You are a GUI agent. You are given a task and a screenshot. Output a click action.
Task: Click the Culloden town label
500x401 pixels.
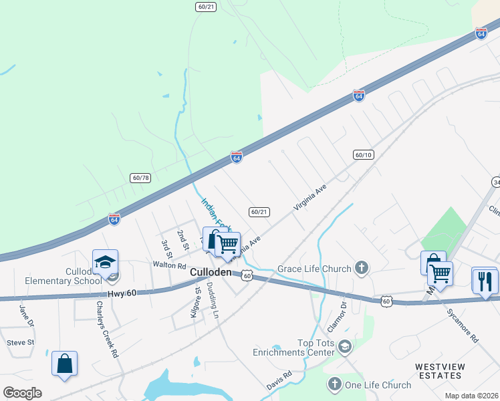(211, 273)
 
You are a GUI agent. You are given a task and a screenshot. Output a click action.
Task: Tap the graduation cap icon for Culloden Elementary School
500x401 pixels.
(105, 262)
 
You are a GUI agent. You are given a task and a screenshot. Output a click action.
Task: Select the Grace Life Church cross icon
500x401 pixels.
(362, 269)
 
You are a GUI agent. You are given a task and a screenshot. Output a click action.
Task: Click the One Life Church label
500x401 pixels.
(378, 385)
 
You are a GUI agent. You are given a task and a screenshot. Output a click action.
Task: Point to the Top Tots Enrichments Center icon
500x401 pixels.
(344, 346)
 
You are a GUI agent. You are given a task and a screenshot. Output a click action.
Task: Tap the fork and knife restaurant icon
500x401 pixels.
(485, 280)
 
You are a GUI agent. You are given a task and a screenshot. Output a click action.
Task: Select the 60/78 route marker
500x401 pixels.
(140, 177)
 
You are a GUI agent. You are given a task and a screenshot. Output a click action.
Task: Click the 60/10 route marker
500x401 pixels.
(363, 154)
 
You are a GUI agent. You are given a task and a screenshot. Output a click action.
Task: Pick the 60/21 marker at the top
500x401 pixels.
(206, 6)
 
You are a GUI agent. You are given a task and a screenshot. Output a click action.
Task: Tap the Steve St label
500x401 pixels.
(20, 342)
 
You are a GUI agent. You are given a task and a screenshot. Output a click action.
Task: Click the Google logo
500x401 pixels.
(22, 393)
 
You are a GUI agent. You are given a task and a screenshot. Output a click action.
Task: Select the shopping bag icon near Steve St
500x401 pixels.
(65, 364)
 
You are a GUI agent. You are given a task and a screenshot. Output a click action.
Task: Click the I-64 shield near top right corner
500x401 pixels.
(481, 33)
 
